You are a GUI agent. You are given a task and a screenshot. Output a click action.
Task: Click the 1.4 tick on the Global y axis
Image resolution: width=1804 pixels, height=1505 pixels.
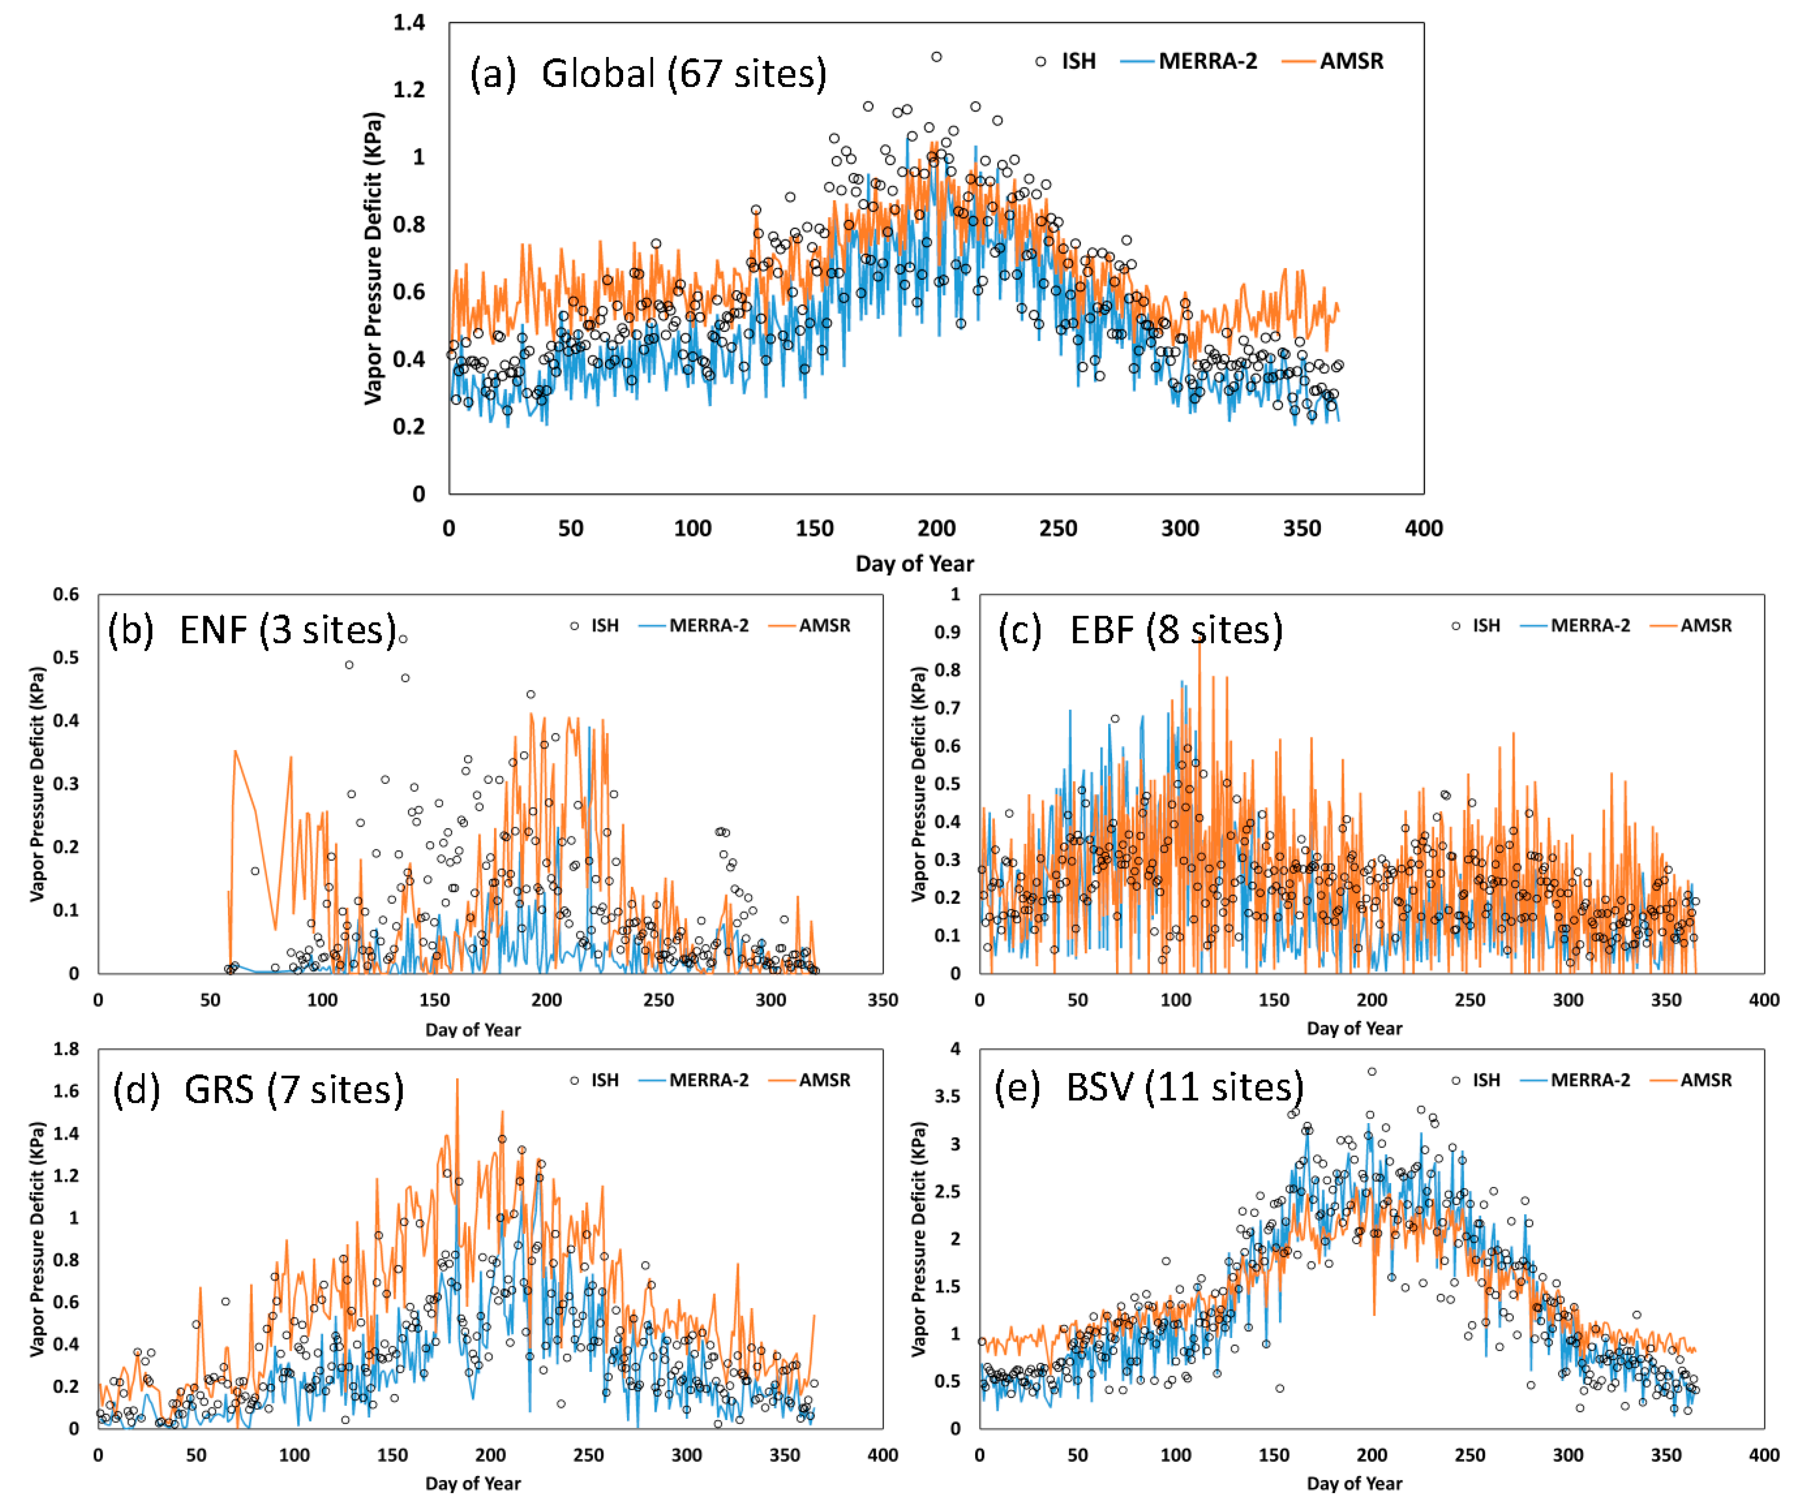[409, 23]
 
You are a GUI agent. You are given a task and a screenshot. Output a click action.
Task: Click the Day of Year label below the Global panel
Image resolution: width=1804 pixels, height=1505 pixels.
[914, 564]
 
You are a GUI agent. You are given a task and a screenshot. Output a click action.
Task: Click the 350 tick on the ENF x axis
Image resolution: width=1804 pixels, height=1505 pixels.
[882, 1000]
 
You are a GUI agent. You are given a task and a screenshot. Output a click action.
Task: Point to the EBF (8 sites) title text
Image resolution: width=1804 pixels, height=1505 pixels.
[1140, 630]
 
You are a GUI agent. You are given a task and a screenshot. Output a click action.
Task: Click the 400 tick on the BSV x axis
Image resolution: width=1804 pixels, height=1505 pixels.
[1764, 1455]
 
